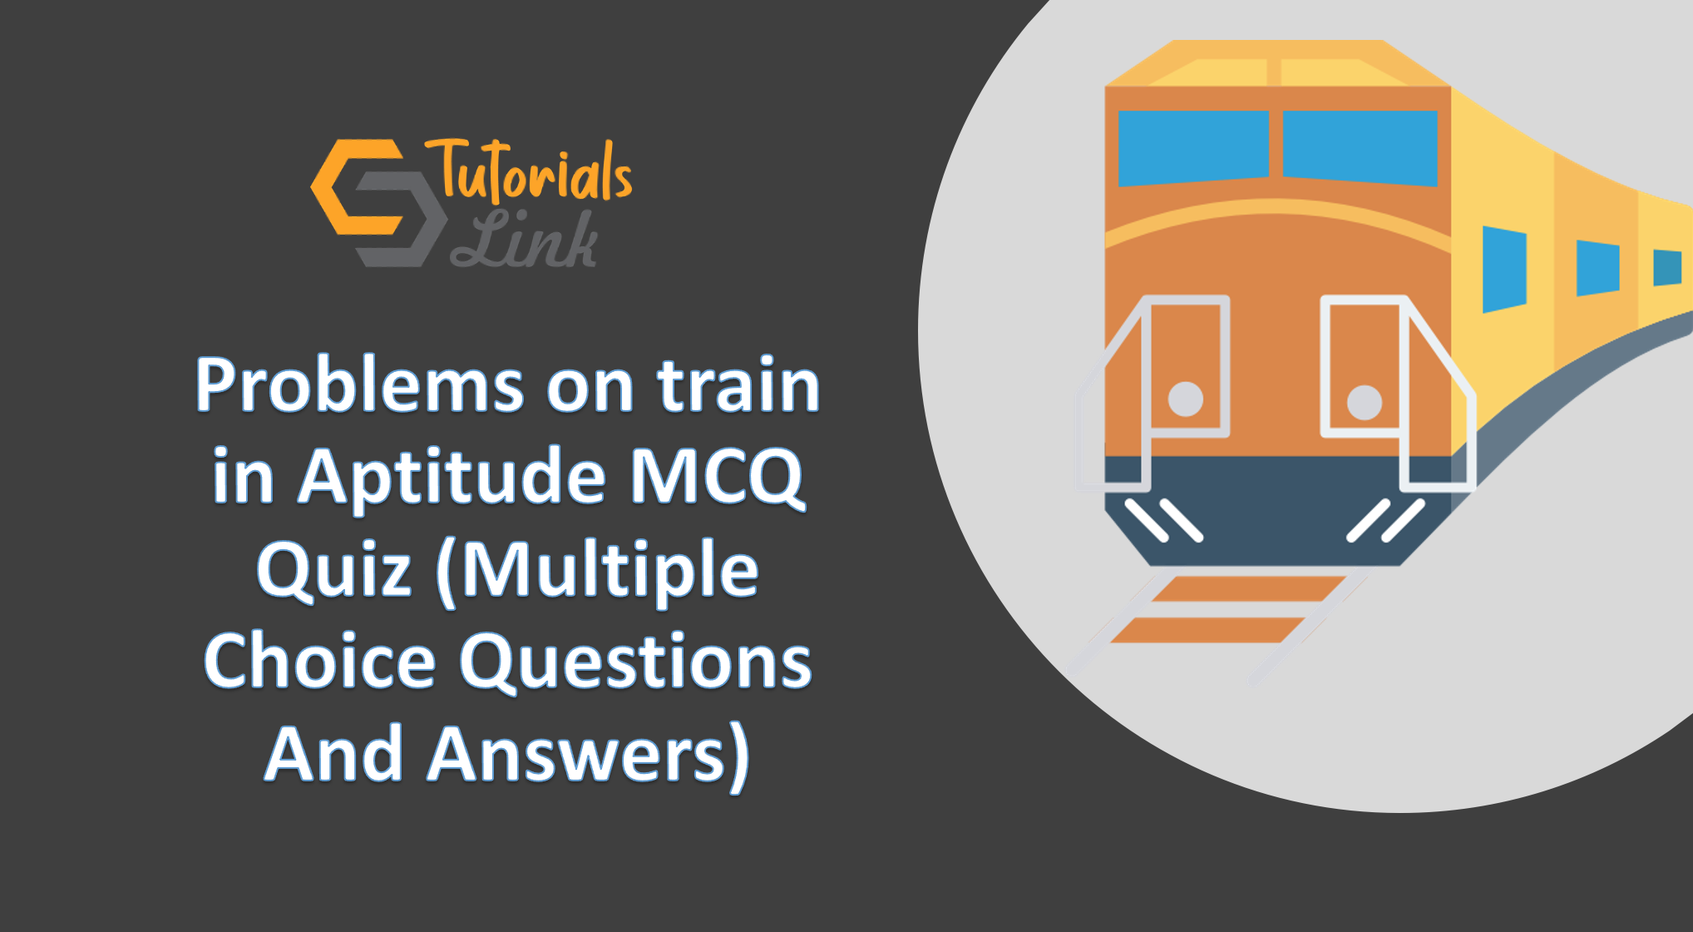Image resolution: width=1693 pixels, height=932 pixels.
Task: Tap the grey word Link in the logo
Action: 524,239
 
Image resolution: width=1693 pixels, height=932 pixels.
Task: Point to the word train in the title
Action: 738,384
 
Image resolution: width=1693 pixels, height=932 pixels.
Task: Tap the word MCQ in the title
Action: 717,476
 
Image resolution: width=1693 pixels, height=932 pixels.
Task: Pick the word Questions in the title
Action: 636,662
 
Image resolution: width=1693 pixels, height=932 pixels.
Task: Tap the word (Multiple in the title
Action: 597,570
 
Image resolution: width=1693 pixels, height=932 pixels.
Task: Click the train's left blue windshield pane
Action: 1193,148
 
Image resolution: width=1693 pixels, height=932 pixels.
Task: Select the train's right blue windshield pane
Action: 1360,148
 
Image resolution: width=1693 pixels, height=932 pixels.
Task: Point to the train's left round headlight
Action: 1186,399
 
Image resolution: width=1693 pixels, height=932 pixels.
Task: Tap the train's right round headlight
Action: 1365,402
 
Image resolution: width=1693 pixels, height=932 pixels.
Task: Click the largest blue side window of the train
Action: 1505,269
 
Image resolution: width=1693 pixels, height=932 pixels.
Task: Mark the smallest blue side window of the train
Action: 1667,268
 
